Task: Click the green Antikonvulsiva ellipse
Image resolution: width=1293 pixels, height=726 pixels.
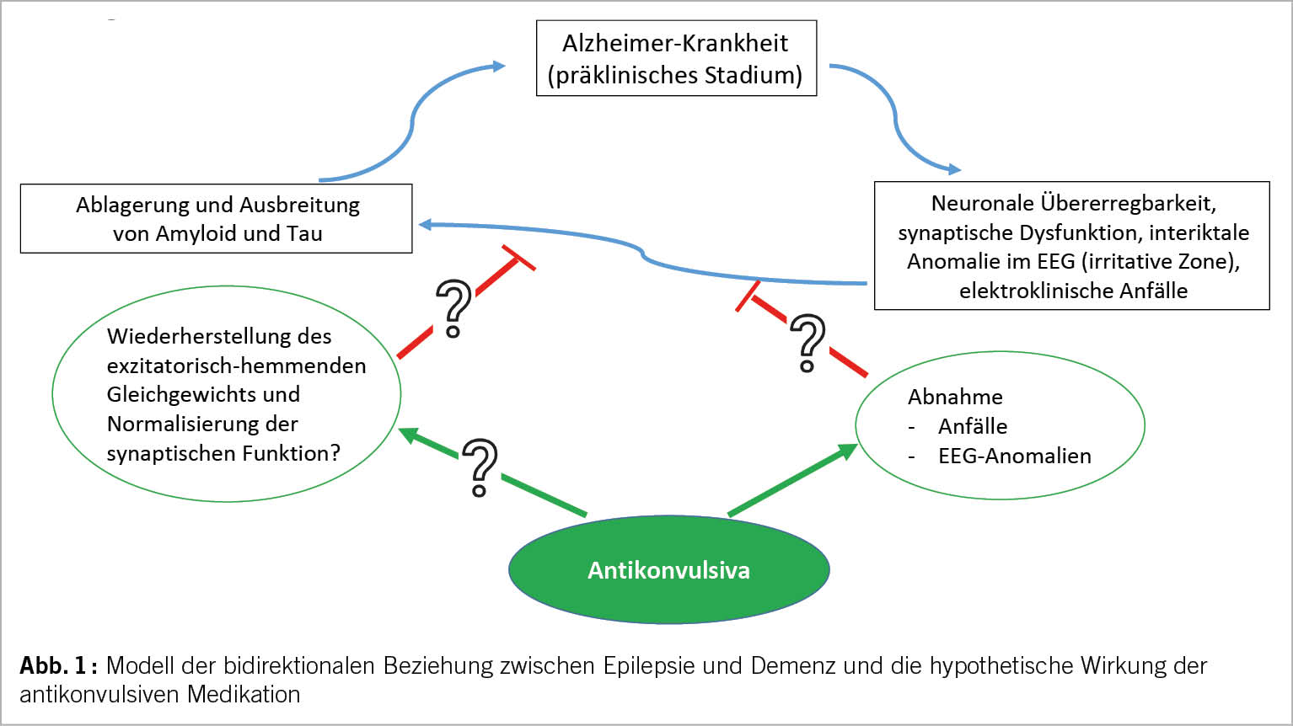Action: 668,570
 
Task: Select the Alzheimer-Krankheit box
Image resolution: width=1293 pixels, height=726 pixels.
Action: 676,58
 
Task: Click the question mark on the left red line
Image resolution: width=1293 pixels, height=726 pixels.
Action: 453,308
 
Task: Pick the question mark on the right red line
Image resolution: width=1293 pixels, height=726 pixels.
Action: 807,343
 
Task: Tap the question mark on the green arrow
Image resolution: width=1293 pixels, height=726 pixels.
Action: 480,467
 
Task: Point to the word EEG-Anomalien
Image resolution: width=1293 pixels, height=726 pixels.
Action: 1014,456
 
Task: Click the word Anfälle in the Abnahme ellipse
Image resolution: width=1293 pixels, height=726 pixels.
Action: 973,427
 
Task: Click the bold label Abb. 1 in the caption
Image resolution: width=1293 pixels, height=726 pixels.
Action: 56,666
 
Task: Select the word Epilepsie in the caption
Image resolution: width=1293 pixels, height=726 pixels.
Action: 648,666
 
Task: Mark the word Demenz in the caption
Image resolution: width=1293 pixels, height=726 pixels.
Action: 792,666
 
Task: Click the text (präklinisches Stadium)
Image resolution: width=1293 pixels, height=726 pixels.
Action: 675,75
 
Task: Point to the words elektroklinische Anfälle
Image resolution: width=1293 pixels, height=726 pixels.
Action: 1073,291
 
